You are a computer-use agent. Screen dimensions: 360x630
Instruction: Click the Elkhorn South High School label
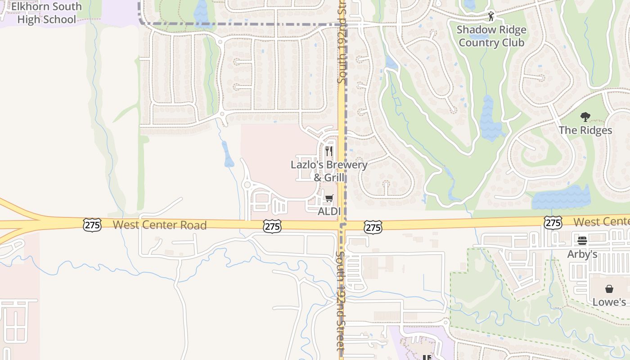click(x=46, y=13)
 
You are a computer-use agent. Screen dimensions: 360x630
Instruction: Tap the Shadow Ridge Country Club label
click(x=491, y=36)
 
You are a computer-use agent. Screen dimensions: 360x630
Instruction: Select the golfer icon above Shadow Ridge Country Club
click(x=490, y=17)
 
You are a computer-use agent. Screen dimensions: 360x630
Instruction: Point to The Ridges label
click(x=585, y=130)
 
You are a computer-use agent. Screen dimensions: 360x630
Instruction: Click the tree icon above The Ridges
click(x=585, y=117)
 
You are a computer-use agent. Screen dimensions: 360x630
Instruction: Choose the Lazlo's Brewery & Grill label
click(x=329, y=171)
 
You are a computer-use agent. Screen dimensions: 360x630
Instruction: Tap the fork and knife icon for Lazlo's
click(x=329, y=151)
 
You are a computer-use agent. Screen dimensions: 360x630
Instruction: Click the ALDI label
click(x=329, y=211)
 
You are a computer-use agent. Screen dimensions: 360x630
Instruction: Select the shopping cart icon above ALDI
click(x=329, y=198)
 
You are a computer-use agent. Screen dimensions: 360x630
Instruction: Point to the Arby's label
click(x=582, y=254)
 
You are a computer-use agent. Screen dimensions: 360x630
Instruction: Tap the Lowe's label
click(x=609, y=302)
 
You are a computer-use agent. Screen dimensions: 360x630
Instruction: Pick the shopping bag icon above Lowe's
click(x=609, y=289)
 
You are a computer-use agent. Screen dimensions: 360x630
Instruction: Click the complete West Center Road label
click(x=159, y=225)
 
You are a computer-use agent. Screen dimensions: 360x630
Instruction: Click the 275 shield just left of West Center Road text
click(x=92, y=225)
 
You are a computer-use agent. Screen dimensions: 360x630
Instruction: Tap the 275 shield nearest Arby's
click(x=552, y=222)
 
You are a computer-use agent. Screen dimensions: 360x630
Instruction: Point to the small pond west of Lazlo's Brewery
click(x=228, y=155)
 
